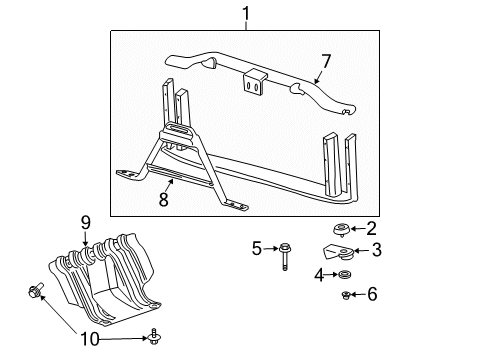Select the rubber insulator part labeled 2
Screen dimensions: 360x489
pos(341,229)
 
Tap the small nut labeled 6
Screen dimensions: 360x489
pos(346,294)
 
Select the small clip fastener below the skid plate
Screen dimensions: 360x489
pos(153,337)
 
